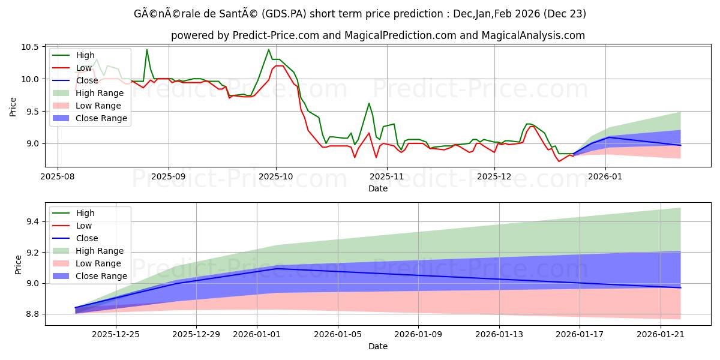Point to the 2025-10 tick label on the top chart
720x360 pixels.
coord(276,176)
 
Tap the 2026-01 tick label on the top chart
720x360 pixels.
coord(605,176)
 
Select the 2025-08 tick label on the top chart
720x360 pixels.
coord(58,176)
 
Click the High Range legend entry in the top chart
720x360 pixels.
coord(100,93)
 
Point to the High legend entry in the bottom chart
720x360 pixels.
coord(85,213)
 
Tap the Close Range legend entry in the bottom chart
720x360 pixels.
coord(101,276)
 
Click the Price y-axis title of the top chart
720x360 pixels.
coord(13,107)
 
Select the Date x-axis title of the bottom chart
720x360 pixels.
coord(378,346)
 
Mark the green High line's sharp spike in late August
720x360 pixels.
coord(146,50)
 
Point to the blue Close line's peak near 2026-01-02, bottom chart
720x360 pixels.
coord(276,268)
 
